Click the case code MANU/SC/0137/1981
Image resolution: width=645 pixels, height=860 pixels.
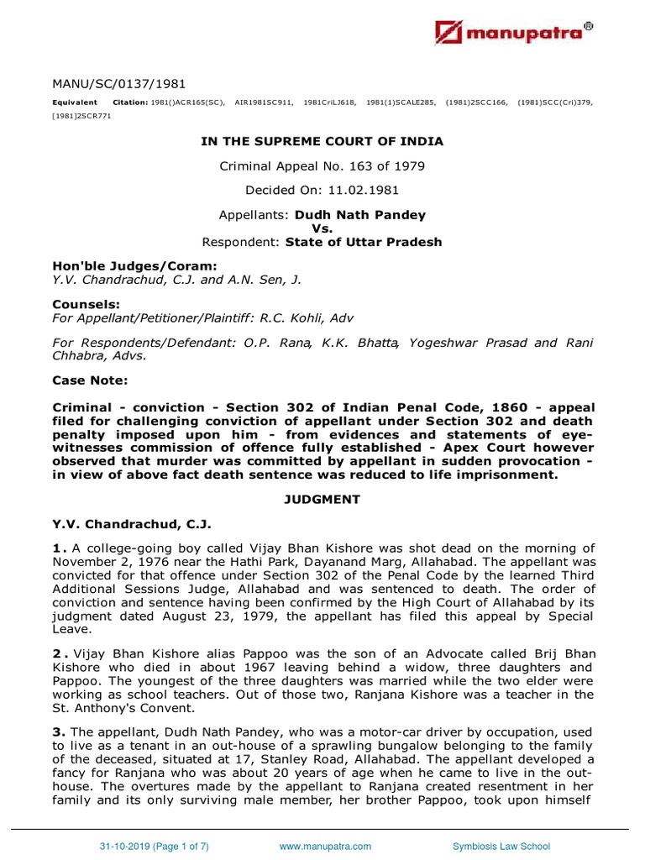(119, 83)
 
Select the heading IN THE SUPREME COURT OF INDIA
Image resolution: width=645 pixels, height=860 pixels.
(322, 141)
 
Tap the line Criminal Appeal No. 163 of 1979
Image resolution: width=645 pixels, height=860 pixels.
(322, 166)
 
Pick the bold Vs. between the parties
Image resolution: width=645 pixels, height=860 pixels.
(322, 229)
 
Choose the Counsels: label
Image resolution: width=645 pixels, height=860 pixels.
(86, 304)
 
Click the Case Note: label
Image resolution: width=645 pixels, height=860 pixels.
(90, 380)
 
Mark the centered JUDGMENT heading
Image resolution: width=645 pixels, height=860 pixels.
(322, 499)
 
